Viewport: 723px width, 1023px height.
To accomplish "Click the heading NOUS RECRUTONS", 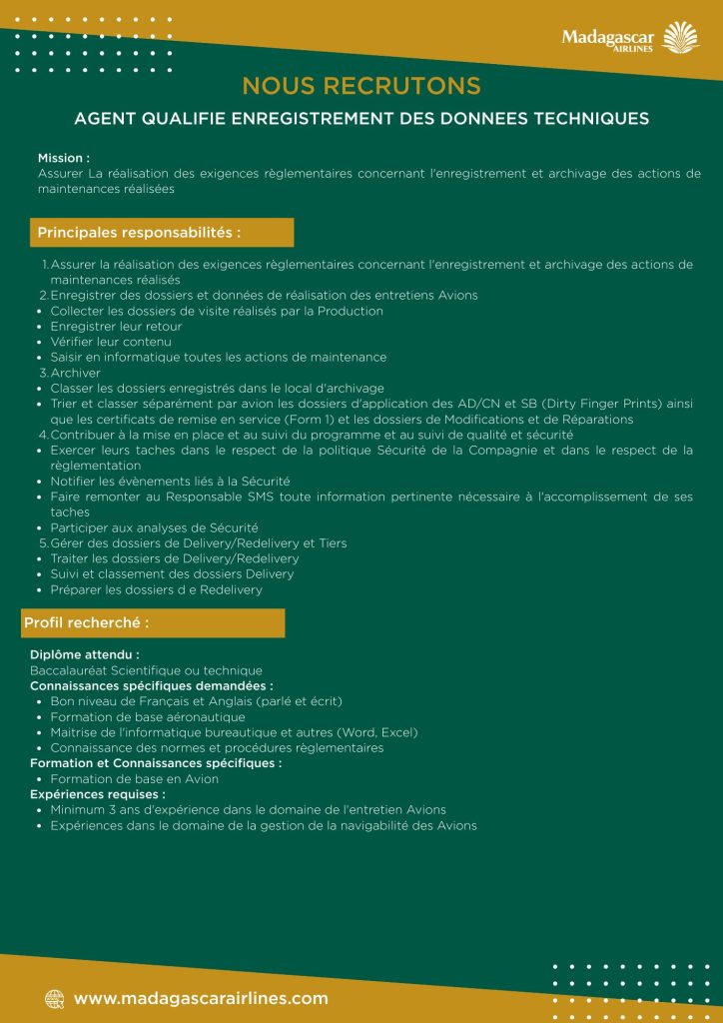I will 361,86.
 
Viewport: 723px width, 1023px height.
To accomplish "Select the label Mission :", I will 64,158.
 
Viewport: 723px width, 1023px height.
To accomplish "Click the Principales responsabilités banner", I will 162,233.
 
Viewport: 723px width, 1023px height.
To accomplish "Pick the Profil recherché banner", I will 154,623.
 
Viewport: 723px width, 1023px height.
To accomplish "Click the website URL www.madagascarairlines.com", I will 201,998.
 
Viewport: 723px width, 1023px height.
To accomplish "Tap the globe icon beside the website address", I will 54,998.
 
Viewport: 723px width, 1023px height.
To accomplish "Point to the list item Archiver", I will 76,373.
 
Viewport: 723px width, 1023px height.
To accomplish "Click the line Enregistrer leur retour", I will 116,327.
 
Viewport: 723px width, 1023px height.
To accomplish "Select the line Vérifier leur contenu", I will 111,342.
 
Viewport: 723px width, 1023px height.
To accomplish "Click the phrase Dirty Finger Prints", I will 598,404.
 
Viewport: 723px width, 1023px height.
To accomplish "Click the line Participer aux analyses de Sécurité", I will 155,526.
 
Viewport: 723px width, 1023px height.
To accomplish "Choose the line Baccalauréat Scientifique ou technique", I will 146,670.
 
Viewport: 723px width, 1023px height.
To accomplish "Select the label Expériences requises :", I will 98,794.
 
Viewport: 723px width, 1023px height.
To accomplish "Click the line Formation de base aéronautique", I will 148,717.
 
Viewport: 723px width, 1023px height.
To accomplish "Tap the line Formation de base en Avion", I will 135,779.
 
